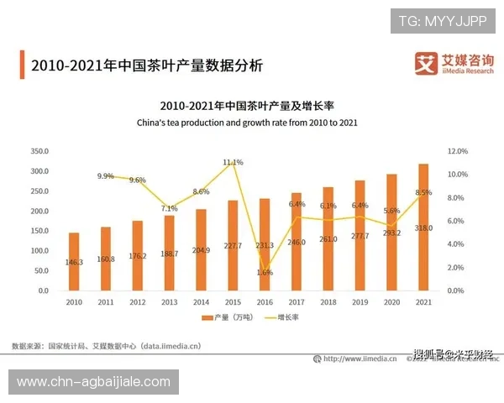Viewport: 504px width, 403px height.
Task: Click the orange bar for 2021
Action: pos(423,227)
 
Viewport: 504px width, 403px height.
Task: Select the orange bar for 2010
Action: pos(74,261)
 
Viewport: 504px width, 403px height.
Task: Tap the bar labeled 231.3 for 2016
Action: pos(265,244)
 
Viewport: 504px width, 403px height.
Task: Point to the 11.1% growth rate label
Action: pos(233,162)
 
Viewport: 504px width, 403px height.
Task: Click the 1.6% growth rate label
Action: pos(265,272)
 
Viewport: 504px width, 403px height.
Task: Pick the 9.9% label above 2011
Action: pos(106,176)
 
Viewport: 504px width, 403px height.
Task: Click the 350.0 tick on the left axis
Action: pos(39,151)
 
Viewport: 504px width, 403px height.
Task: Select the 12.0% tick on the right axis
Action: pos(458,151)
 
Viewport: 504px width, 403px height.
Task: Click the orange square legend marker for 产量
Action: pos(205,318)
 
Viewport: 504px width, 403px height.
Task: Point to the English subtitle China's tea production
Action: pos(247,123)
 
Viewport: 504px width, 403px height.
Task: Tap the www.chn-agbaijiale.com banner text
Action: pos(93,382)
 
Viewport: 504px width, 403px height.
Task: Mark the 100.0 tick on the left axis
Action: pos(39,250)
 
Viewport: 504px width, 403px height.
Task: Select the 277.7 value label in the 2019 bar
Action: pos(360,238)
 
